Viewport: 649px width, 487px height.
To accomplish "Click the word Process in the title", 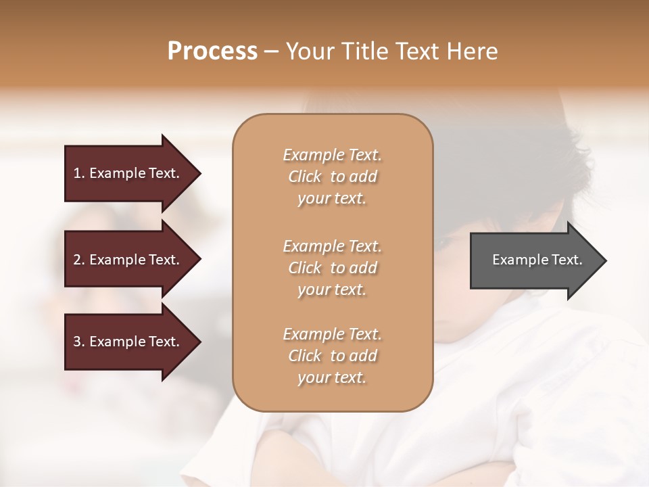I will pos(212,51).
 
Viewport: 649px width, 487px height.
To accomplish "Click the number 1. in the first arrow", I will pos(79,173).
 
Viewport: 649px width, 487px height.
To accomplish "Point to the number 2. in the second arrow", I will pos(79,260).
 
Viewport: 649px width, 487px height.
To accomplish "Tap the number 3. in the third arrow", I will pos(79,342).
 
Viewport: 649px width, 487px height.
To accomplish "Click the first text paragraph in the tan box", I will pos(332,177).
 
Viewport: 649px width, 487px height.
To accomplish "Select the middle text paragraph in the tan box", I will pos(332,267).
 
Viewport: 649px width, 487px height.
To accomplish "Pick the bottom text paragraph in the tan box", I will pos(332,356).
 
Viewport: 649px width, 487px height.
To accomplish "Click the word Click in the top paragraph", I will pos(305,177).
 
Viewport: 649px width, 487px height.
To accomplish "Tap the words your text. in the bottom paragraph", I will pos(332,377).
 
